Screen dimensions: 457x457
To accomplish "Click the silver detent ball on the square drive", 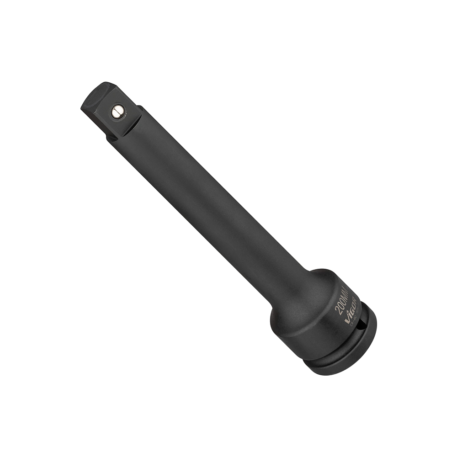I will point(118,111).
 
